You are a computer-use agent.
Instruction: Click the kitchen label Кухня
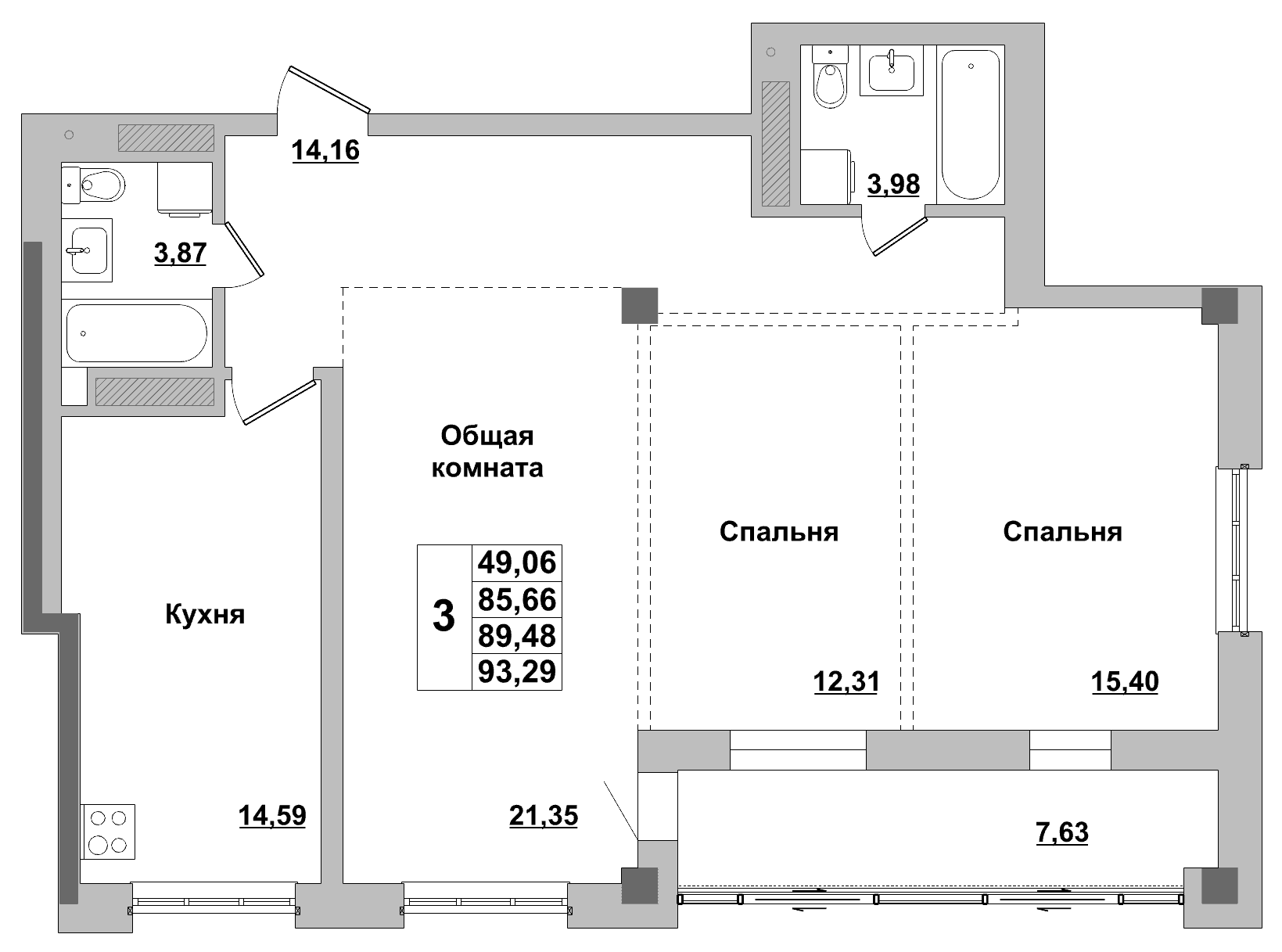(x=205, y=615)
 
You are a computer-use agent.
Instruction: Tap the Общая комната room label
(x=487, y=452)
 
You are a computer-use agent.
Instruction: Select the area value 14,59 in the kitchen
(x=272, y=816)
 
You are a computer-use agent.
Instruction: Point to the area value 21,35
(x=544, y=816)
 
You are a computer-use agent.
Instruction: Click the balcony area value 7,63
(x=1062, y=832)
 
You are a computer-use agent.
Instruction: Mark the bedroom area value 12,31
(x=846, y=681)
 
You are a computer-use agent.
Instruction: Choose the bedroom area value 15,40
(x=1125, y=681)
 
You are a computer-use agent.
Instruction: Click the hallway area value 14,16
(x=325, y=150)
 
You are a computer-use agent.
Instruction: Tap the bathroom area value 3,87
(x=181, y=253)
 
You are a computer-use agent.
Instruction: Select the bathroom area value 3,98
(x=893, y=185)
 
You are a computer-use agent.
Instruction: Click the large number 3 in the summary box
(x=444, y=616)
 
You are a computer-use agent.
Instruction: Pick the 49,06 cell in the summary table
(x=517, y=562)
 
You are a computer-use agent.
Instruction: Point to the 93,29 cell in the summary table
(x=517, y=672)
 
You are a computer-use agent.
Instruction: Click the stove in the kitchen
(x=107, y=832)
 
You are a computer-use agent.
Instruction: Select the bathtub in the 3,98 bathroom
(x=971, y=125)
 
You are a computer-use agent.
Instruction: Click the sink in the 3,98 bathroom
(x=891, y=70)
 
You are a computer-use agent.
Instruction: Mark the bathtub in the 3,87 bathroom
(x=137, y=333)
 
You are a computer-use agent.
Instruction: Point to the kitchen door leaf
(x=280, y=402)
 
